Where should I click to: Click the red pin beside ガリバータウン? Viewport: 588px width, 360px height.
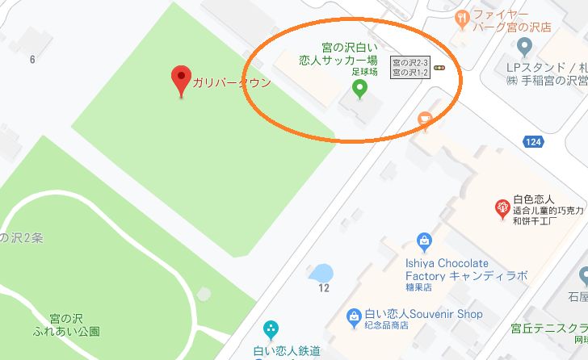pos(182,80)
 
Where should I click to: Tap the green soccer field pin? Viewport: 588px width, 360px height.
pos(360,87)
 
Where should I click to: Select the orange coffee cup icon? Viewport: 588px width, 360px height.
pos(425,120)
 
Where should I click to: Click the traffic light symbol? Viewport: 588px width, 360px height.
pos(440,69)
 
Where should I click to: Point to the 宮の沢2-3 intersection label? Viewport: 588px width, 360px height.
pos(408,61)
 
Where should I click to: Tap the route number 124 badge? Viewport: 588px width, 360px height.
pos(532,141)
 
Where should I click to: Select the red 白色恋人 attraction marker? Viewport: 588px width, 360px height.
pos(502,208)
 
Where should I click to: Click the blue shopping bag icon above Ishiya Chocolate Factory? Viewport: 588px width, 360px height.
pos(423,241)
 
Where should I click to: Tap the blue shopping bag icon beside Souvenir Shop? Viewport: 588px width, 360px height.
pos(352,316)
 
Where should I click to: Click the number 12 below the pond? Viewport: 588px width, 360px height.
pos(324,288)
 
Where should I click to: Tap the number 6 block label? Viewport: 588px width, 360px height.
pos(32,59)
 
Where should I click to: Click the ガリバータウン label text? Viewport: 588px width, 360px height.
pos(231,82)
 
